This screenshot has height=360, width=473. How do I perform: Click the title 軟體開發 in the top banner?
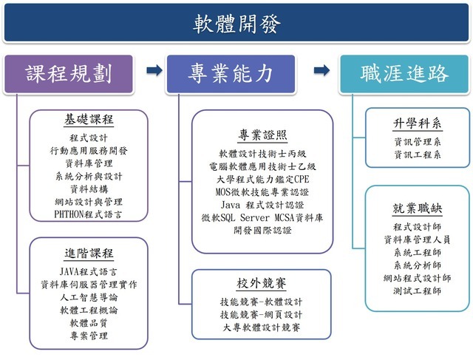[236, 24]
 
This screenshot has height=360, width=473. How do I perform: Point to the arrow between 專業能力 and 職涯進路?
[321, 71]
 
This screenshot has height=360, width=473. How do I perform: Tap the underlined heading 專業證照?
[262, 135]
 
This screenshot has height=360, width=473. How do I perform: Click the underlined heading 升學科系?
[418, 123]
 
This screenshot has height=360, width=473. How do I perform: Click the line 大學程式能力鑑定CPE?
[262, 178]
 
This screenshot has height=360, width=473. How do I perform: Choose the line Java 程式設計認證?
[262, 204]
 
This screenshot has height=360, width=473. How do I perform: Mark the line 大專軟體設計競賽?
[262, 327]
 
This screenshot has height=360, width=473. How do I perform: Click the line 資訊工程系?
[418, 154]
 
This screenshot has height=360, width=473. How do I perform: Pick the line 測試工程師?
[418, 291]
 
